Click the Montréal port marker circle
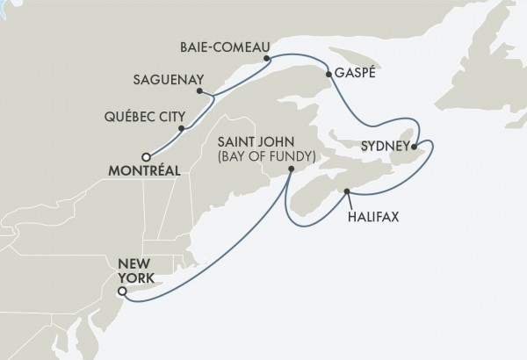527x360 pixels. (x=157, y=156)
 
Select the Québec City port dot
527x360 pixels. (x=181, y=129)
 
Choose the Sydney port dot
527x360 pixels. (x=415, y=147)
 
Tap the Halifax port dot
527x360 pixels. (x=347, y=191)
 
